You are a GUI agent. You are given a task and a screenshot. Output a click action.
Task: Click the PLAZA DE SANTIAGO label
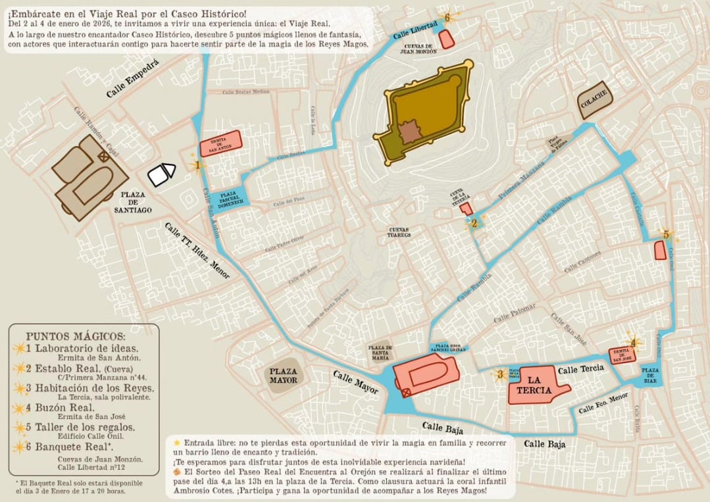tap(133, 203)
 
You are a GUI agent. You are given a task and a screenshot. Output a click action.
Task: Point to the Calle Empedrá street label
tap(133, 84)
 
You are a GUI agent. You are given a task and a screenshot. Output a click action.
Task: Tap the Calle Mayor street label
tap(355, 382)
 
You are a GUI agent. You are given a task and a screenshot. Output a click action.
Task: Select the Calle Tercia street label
tap(581, 370)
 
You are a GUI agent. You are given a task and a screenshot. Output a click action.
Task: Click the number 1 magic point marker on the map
tap(197, 166)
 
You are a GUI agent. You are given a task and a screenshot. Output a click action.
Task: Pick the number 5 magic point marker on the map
tap(666, 234)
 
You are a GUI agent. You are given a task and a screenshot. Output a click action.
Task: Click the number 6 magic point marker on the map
tap(447, 18)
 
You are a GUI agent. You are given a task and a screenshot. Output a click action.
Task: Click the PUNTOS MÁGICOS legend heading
tap(76, 336)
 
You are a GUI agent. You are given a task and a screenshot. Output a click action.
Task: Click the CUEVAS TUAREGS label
tap(399, 232)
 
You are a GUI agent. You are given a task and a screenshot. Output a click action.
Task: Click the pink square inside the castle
tap(410, 132)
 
